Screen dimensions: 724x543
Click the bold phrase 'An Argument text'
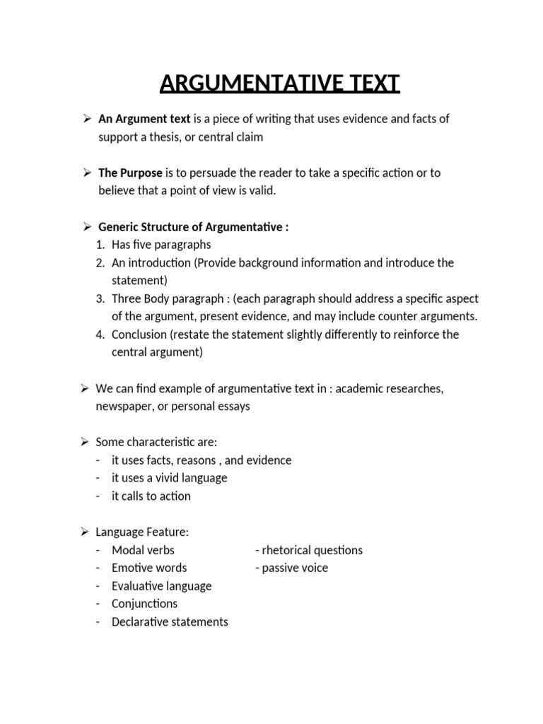pos(144,119)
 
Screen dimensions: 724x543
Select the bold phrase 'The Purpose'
pos(130,173)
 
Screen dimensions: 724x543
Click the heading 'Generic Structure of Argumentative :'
pos(193,227)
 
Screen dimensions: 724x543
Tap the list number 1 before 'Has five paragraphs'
pos(100,245)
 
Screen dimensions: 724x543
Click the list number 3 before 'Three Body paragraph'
pos(100,298)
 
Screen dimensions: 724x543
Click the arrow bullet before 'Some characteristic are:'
pos(83,442)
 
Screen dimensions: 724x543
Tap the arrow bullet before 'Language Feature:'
pos(83,532)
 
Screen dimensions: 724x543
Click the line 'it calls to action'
pos(151,496)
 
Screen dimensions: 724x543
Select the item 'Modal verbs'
pos(143,550)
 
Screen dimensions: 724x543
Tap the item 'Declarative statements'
pos(170,622)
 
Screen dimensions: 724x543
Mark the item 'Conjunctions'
pos(144,604)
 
